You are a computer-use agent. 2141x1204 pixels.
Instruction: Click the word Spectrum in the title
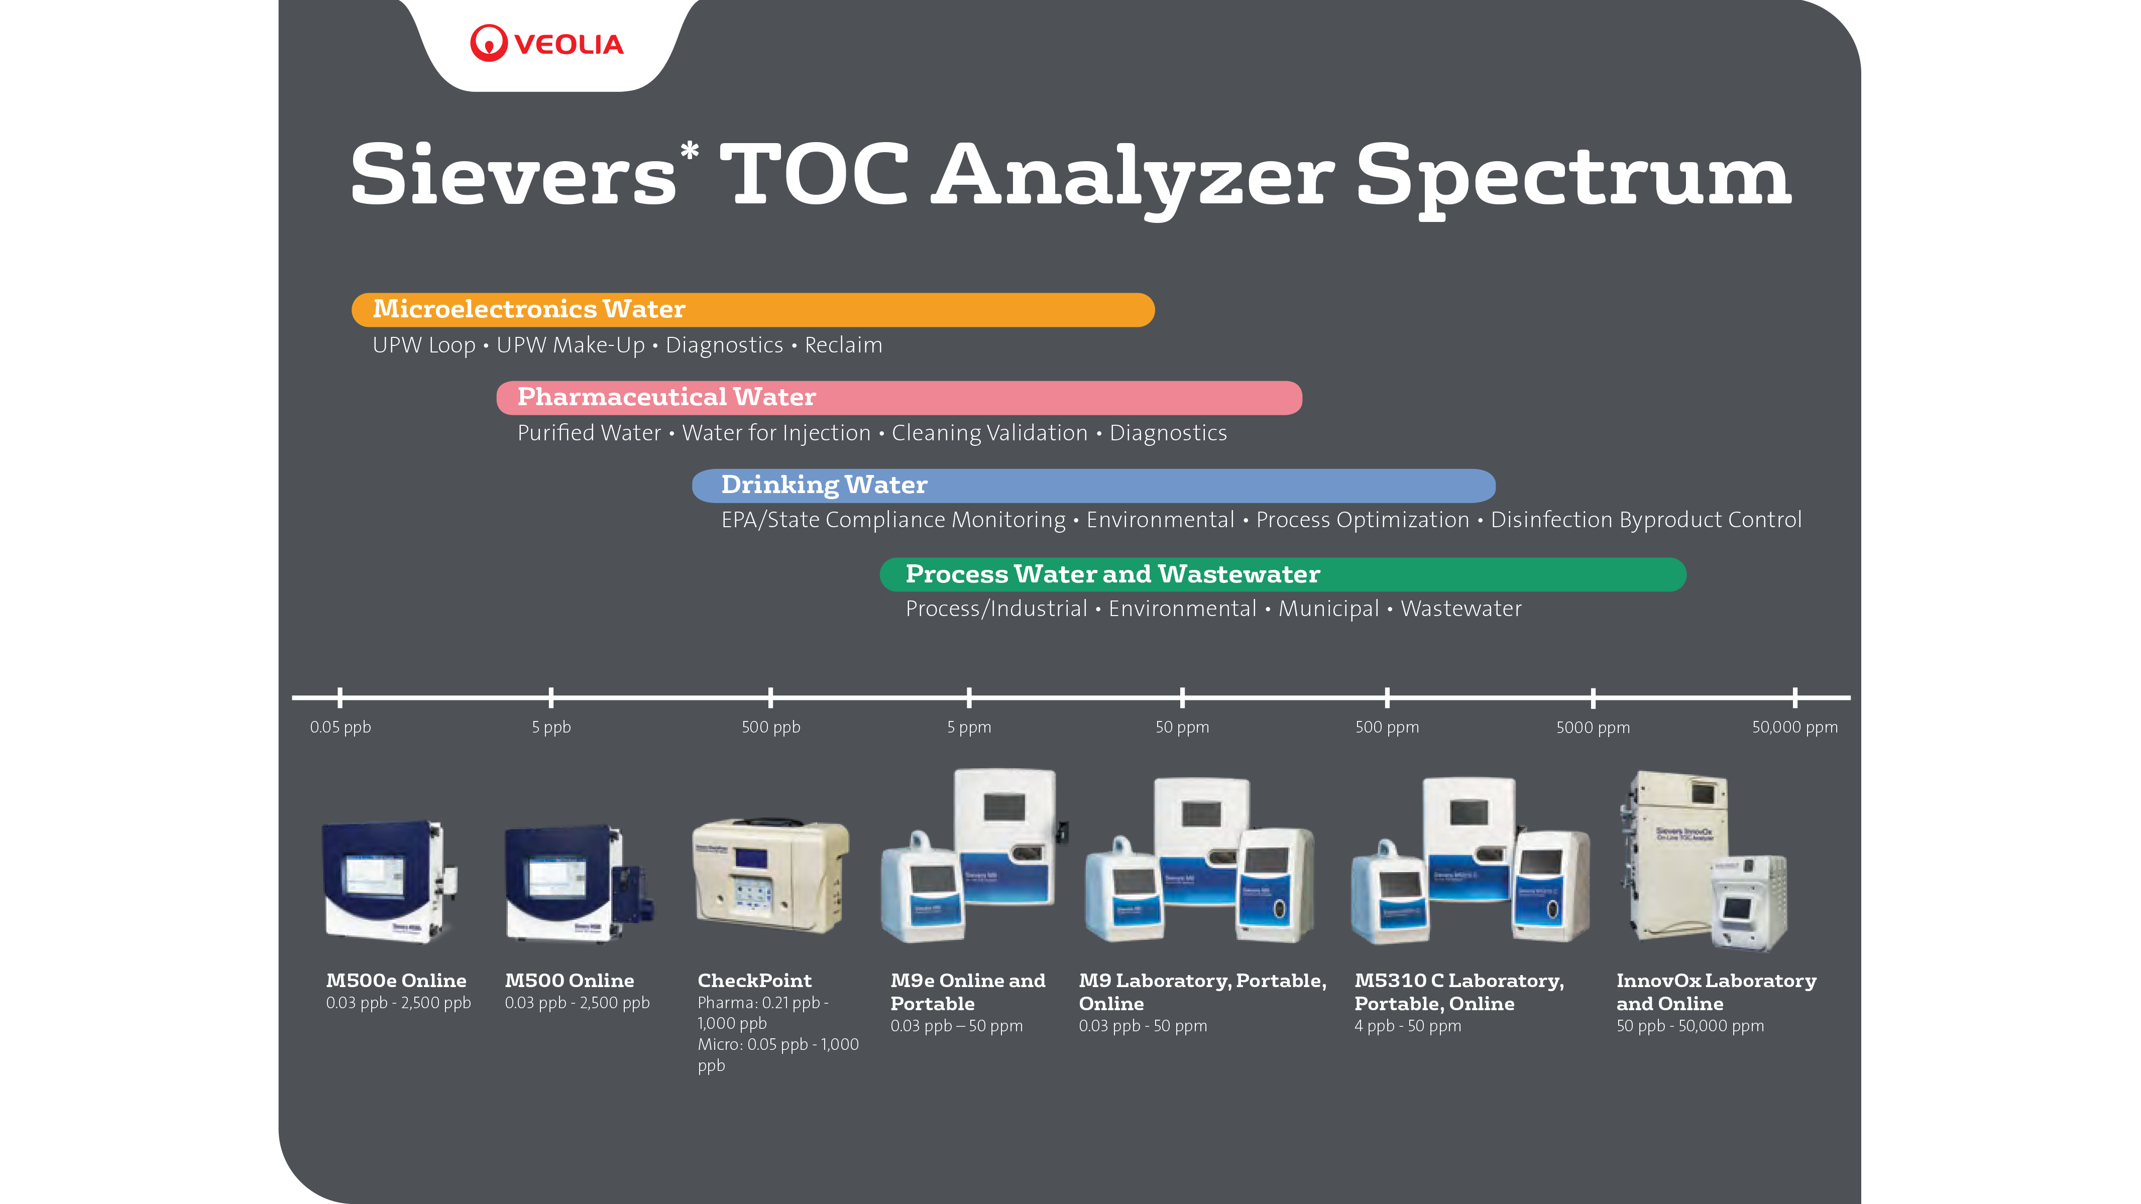coord(1573,178)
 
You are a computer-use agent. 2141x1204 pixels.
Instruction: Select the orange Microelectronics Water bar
coord(753,310)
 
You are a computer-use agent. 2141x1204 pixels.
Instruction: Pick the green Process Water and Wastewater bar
coord(1283,575)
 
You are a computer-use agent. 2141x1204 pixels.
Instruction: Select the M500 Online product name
coord(570,981)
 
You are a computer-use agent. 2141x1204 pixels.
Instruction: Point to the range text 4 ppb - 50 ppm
coord(1407,1026)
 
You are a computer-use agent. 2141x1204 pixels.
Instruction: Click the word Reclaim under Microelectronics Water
coord(844,345)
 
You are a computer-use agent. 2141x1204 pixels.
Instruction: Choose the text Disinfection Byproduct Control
coord(1646,520)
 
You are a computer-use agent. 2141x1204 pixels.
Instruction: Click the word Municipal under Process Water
coord(1328,609)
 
